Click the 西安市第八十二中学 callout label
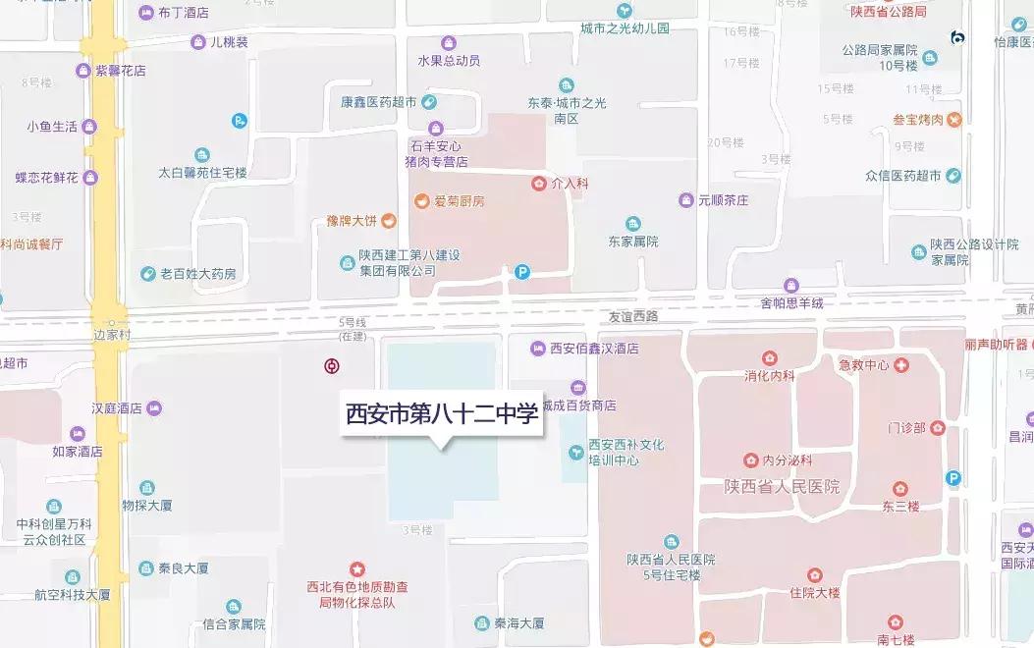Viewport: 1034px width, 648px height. pos(442,413)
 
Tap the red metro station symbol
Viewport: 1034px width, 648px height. pos(333,366)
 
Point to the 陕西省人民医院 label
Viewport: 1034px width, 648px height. pos(782,487)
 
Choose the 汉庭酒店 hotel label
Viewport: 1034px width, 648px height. pos(117,407)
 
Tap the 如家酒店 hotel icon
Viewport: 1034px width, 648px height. pos(78,434)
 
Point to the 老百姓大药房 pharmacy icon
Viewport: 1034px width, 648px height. pos(147,274)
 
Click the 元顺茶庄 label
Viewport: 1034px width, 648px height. pos(723,200)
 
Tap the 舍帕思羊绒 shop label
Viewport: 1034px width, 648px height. pos(791,303)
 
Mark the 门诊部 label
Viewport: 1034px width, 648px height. pos(905,428)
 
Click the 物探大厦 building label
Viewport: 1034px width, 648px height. pos(146,506)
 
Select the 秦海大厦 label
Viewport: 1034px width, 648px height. pos(518,623)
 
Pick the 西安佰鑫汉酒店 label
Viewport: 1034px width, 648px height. pos(594,349)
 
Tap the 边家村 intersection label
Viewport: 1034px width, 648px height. pos(112,335)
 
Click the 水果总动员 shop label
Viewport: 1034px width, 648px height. pos(449,60)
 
